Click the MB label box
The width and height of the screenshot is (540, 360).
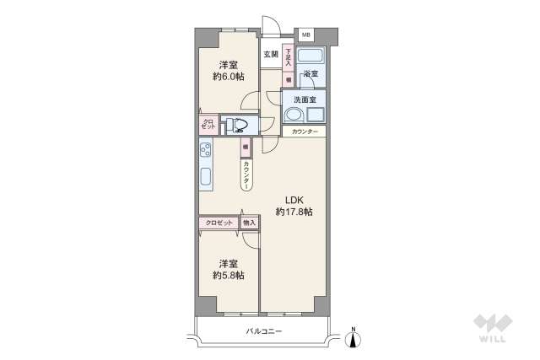[305, 35]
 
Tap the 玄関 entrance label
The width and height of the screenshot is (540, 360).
[270, 55]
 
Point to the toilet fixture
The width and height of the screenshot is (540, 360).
[240, 126]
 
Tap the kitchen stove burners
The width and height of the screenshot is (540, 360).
[205, 151]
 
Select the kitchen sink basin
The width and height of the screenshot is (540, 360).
[205, 179]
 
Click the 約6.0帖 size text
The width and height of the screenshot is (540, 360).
[228, 78]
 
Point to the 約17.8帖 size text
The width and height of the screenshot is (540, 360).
[294, 212]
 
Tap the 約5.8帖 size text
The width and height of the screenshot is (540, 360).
[228, 275]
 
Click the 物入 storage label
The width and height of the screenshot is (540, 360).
[249, 223]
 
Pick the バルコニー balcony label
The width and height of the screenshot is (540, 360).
[264, 331]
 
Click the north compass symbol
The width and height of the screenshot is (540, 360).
[354, 339]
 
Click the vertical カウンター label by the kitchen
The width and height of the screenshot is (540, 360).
[246, 175]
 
